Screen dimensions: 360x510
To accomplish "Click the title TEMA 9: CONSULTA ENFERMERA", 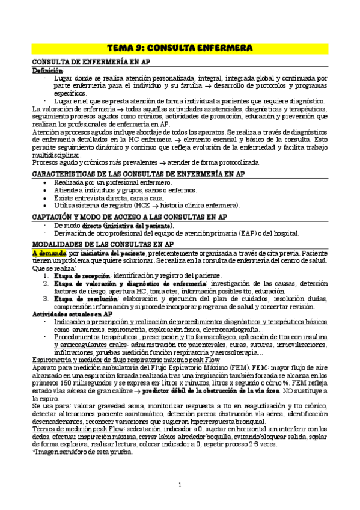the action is point(180,47).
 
